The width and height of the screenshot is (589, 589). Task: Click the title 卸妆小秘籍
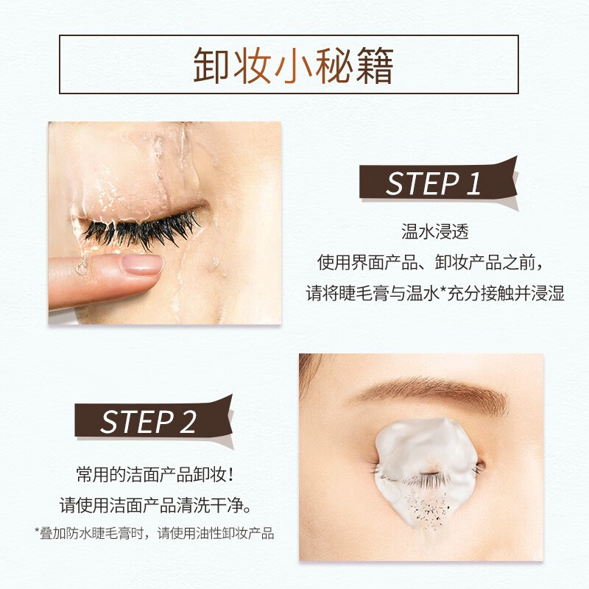click(x=294, y=66)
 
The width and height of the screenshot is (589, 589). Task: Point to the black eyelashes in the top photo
click(x=140, y=232)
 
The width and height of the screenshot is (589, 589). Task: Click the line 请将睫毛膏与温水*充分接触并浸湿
click(x=435, y=293)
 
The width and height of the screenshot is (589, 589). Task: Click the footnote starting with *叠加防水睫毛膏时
click(x=154, y=533)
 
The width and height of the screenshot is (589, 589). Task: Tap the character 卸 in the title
click(x=211, y=66)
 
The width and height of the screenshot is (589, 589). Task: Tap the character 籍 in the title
click(x=376, y=66)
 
